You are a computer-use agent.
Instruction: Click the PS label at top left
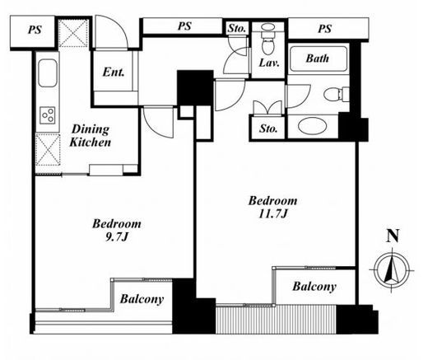pyautogui.click(x=35, y=30)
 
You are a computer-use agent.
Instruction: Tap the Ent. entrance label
pyautogui.click(x=114, y=72)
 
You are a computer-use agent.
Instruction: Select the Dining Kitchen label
pyautogui.click(x=91, y=136)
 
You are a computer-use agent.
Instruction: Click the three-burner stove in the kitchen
pyautogui.click(x=48, y=115)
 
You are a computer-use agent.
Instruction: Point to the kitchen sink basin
pyautogui.click(x=48, y=72)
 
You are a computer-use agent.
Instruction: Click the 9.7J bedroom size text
pyautogui.click(x=117, y=237)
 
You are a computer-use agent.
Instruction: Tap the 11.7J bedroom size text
pyautogui.click(x=272, y=213)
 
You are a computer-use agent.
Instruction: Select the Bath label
pyautogui.click(x=318, y=58)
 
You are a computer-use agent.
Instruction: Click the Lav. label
pyautogui.click(x=269, y=63)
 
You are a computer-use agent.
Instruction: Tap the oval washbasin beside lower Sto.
pyautogui.click(x=313, y=127)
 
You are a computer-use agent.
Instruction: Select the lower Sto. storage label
pyautogui.click(x=268, y=129)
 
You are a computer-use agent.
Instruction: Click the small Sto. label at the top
pyautogui.click(x=237, y=29)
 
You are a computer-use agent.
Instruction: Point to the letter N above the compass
pyautogui.click(x=393, y=236)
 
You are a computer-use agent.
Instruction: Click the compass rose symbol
pyautogui.click(x=393, y=269)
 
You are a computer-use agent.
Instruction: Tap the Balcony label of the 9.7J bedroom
pyautogui.click(x=142, y=299)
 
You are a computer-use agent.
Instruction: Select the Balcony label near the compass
pyautogui.click(x=314, y=287)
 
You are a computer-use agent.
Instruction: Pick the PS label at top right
pyautogui.click(x=325, y=28)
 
